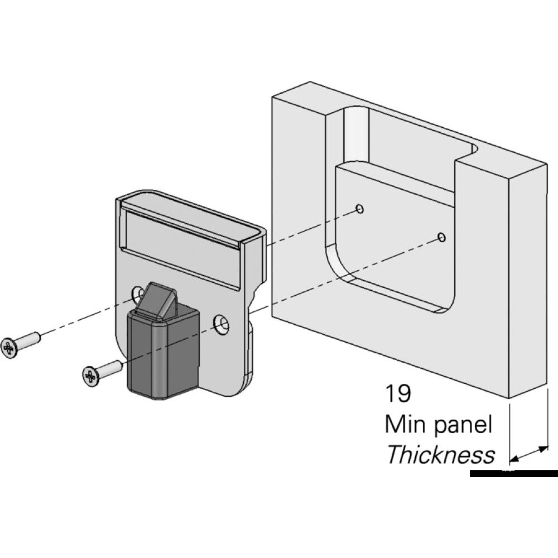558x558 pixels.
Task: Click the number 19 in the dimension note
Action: click(398, 393)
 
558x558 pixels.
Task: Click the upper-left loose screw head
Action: click(9, 348)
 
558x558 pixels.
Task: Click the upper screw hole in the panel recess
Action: click(360, 209)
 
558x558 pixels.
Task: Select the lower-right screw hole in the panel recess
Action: click(442, 238)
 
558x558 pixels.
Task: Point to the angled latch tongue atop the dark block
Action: click(157, 301)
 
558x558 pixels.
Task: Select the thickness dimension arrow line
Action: click(528, 454)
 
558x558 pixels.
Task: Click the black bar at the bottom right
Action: click(513, 474)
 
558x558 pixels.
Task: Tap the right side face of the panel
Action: click(527, 279)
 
